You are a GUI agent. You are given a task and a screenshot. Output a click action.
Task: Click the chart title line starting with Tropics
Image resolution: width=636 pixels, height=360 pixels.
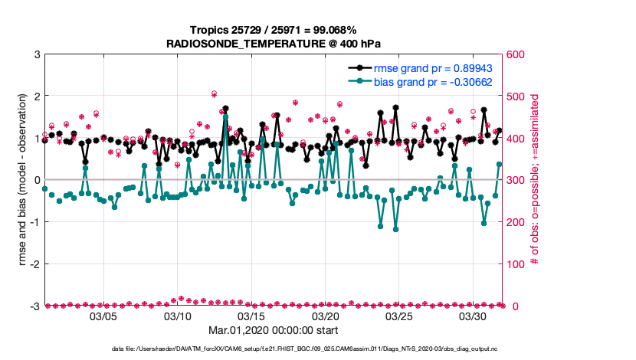[274, 30]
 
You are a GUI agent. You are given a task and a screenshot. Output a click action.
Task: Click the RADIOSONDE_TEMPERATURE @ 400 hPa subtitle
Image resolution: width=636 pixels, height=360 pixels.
[274, 44]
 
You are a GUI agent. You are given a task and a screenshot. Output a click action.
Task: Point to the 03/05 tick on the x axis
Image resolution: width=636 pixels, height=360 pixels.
[103, 316]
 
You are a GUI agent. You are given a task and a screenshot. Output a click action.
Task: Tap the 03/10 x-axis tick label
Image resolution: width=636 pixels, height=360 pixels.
[178, 316]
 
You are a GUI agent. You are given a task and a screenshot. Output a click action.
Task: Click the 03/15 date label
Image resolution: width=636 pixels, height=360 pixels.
[252, 316]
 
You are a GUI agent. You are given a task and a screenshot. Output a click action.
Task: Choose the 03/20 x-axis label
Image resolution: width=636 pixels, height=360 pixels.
[326, 316]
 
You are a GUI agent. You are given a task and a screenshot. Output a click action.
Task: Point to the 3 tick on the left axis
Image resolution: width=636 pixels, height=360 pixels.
[36, 54]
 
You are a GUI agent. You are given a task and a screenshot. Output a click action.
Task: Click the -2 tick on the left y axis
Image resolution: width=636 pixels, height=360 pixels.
[34, 264]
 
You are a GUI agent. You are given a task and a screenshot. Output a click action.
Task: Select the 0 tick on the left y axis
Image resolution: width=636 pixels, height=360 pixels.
[36, 180]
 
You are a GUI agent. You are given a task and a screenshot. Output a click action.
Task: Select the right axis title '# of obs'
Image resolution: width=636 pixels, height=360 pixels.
[536, 180]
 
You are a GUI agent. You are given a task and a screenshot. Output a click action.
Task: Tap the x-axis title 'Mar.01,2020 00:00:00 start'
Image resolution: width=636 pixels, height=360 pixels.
[274, 331]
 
